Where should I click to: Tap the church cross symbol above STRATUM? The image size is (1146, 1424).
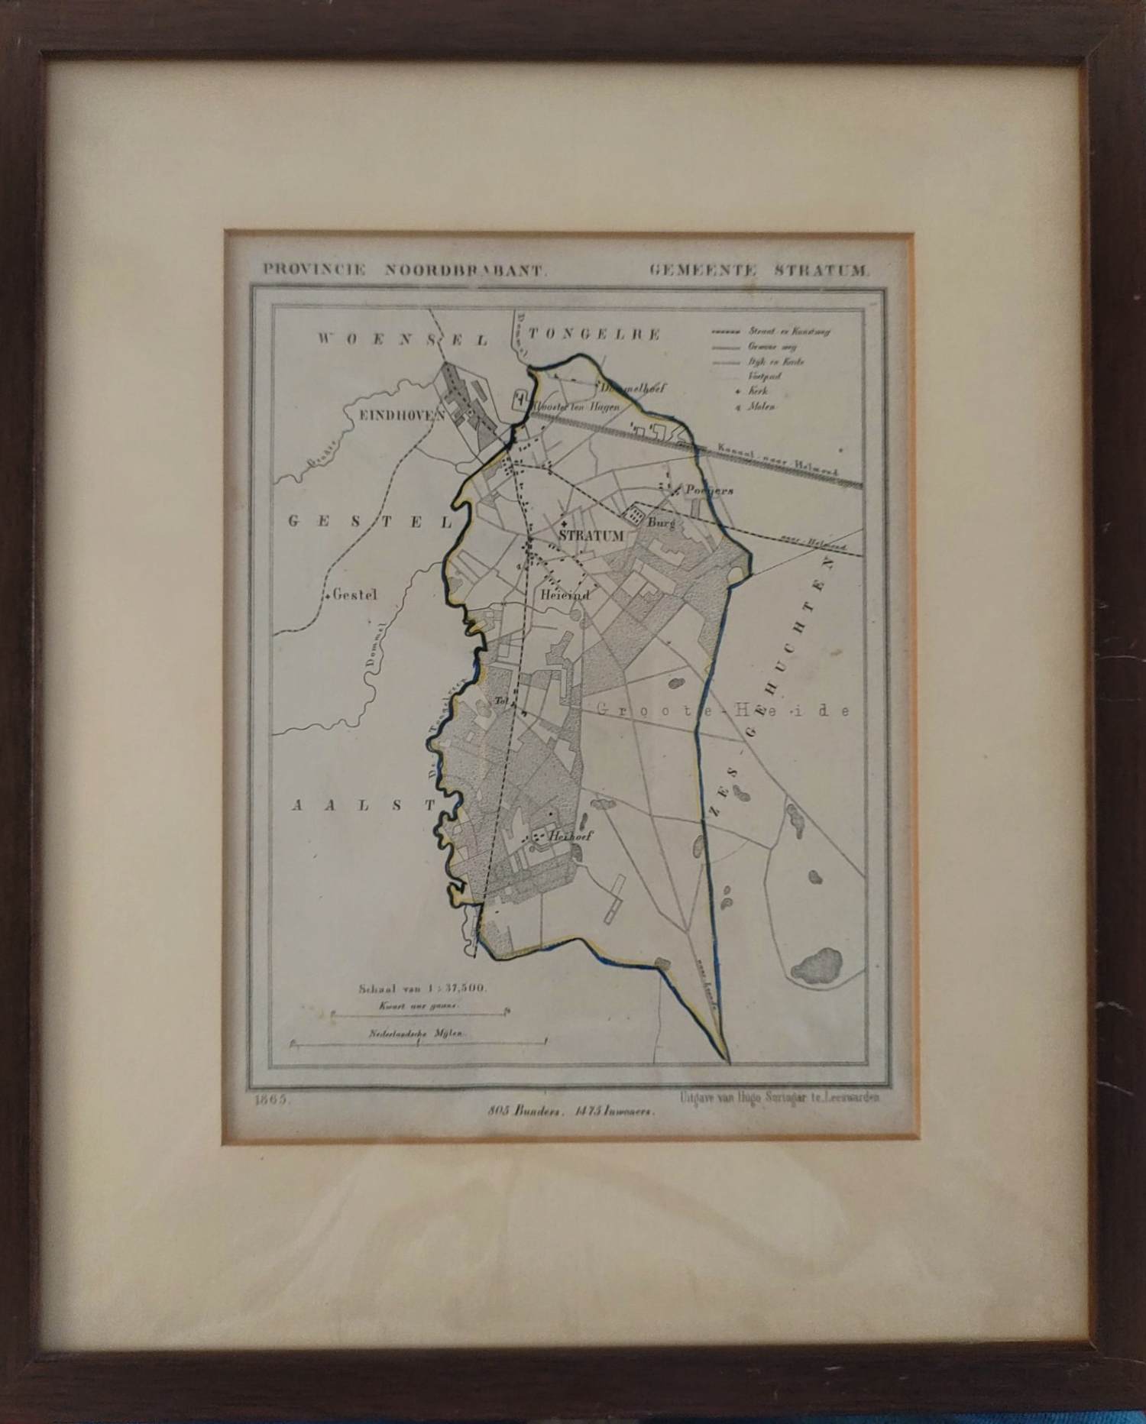(563, 523)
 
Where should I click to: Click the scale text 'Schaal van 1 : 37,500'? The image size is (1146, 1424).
(422, 989)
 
